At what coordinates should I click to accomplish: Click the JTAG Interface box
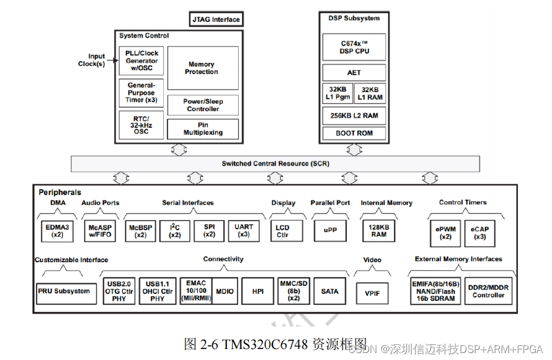click(x=215, y=20)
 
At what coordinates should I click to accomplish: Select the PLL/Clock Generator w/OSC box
click(x=141, y=61)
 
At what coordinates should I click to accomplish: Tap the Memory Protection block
click(x=202, y=68)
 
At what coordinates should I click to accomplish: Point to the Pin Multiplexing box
click(x=202, y=128)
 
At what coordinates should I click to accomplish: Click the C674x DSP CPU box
click(x=354, y=47)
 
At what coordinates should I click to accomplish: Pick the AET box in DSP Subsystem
click(x=354, y=72)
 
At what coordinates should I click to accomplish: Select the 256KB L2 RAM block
click(x=354, y=115)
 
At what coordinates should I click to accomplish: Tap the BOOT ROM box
click(x=354, y=133)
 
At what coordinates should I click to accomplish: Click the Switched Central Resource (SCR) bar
click(x=276, y=163)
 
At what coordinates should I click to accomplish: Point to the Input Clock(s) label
click(x=92, y=60)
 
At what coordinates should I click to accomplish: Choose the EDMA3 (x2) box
click(x=57, y=231)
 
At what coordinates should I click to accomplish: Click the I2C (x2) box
click(x=174, y=231)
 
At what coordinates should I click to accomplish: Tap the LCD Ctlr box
click(x=283, y=231)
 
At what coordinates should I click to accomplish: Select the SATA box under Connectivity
click(x=330, y=291)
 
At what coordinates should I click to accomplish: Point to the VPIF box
click(x=372, y=293)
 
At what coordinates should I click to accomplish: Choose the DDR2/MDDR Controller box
click(x=488, y=291)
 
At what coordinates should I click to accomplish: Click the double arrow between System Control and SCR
click(x=178, y=149)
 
